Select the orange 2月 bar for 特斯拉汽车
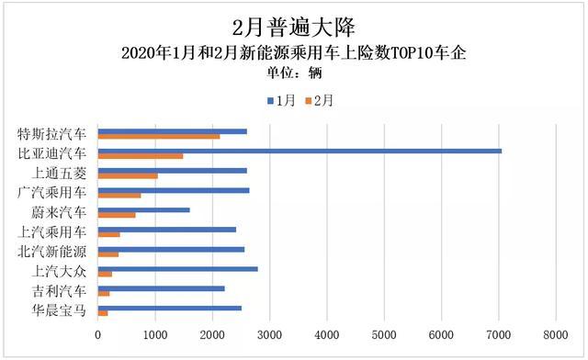click(159, 137)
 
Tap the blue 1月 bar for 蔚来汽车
click(143, 209)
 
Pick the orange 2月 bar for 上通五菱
click(128, 175)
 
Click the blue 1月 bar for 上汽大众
click(177, 269)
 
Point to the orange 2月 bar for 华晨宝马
click(103, 313)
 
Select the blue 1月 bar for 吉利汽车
click(161, 288)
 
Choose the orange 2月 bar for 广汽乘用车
click(119, 196)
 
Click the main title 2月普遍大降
click(293, 25)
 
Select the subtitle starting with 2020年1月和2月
click(294, 52)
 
